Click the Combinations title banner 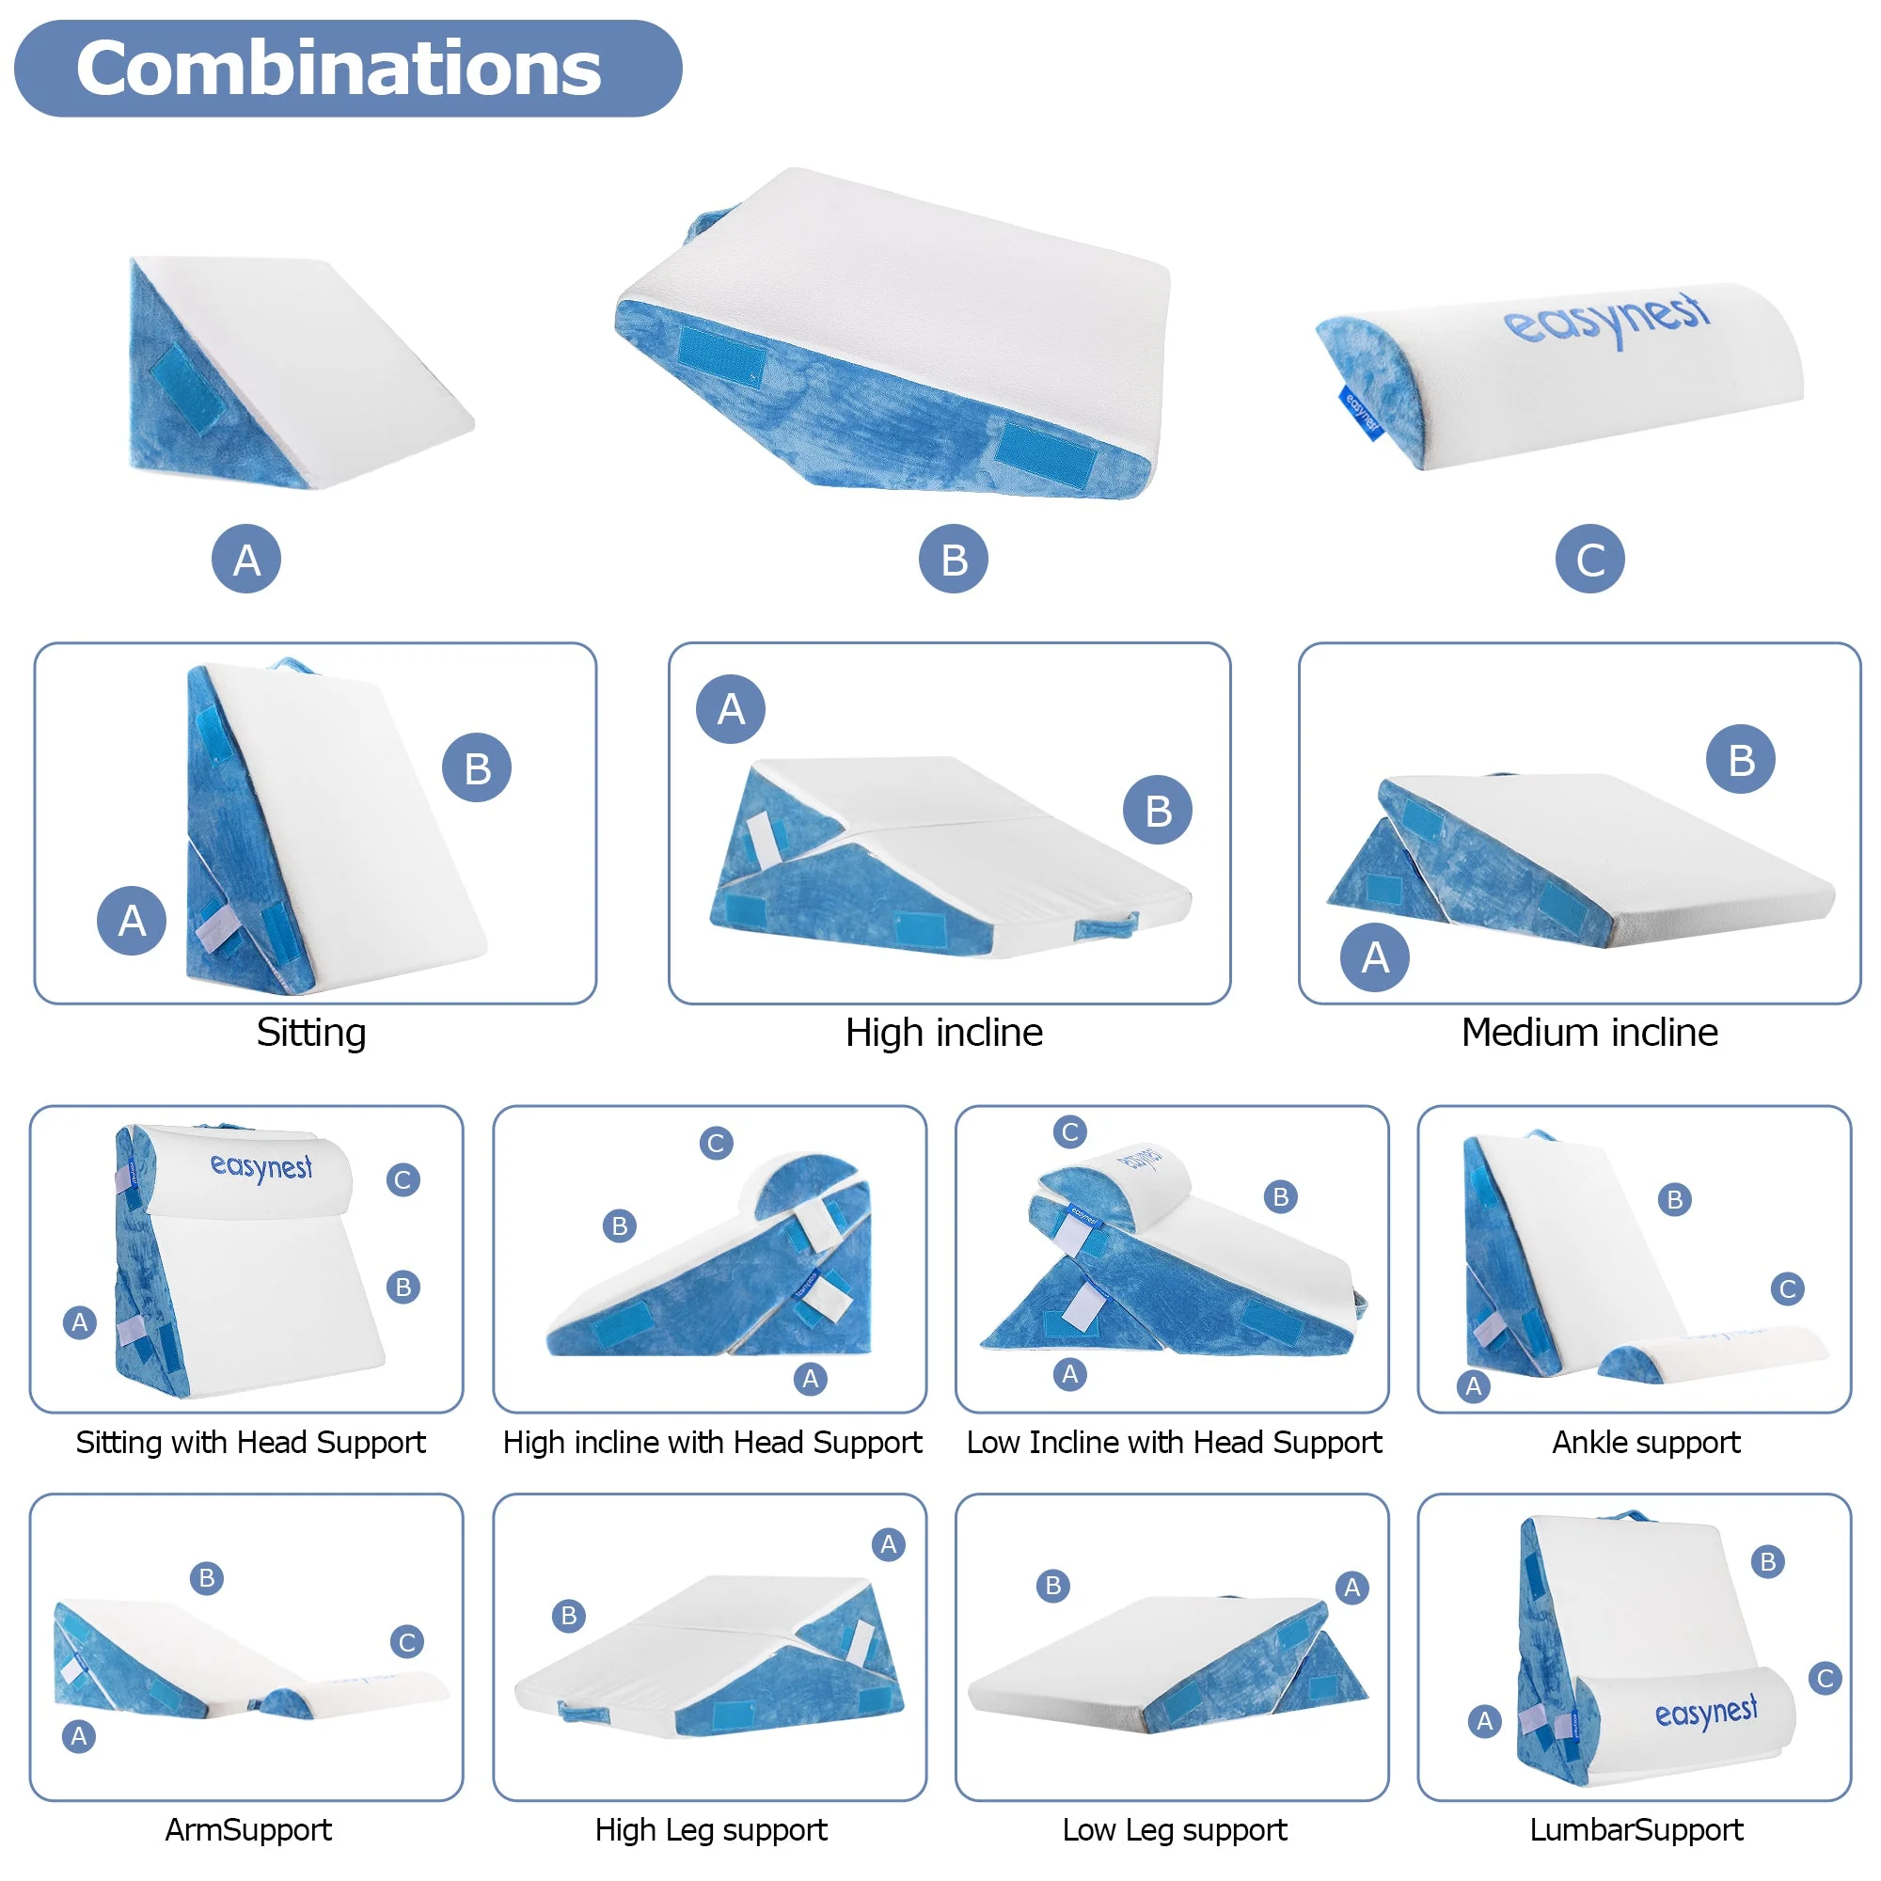coord(348,68)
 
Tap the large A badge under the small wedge coord(246,559)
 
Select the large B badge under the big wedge coord(953,559)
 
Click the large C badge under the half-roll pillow coord(1589,559)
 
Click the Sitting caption coord(311,1032)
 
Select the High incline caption coord(943,1032)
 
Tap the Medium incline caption coord(1589,1032)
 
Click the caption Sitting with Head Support coord(250,1442)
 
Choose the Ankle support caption coord(1645,1442)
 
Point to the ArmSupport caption coord(248,1829)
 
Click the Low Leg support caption coord(1174,1829)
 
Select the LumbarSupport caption coord(1636,1829)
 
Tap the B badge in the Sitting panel coord(477,767)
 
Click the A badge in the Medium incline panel coord(1375,957)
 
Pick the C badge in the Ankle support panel coord(1788,1289)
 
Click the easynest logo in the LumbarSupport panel coord(1706,1713)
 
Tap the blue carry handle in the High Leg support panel coord(584,1712)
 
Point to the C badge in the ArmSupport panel coord(407,1642)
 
